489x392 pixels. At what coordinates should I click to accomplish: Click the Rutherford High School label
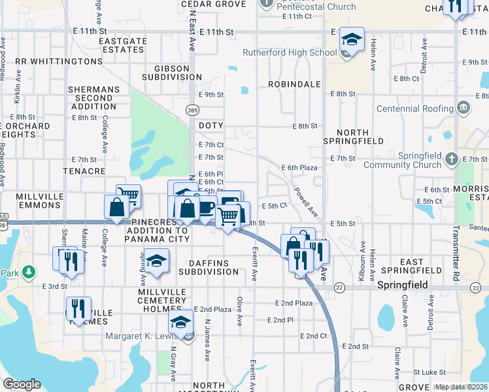pos(290,52)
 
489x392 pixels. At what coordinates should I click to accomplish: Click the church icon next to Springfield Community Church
pos(452,159)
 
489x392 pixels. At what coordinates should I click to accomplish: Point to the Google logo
pos(22,384)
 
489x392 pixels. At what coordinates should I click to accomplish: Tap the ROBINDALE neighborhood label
pos(294,84)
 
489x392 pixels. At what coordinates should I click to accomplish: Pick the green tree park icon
pos(28,270)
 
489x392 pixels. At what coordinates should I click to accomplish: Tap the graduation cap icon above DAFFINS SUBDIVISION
pos(156,261)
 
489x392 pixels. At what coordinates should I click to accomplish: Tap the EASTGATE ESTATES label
pos(122,45)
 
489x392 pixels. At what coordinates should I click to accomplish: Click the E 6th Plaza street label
pos(299,168)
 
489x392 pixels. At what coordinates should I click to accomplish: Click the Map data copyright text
pos(460,387)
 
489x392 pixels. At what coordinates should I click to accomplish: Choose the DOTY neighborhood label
pos(211,125)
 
